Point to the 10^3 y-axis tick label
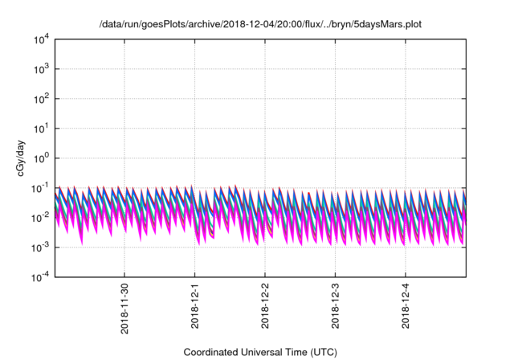(41, 68)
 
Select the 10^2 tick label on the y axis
(41, 98)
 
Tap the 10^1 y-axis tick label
(41, 128)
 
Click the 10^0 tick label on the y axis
(41, 157)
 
